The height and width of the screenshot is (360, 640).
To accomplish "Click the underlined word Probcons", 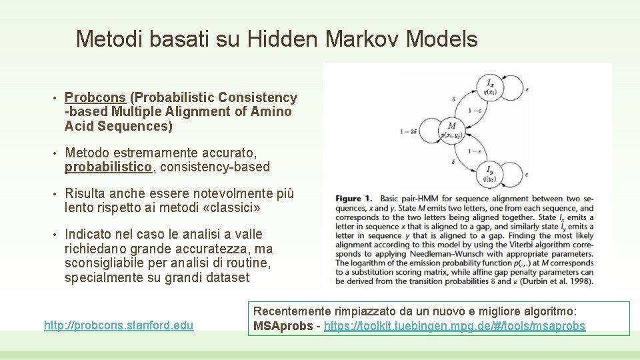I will click(95, 98).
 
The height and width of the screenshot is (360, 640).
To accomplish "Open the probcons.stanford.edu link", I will click(119, 325).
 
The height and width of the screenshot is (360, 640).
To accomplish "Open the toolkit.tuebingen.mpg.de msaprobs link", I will click(453, 327).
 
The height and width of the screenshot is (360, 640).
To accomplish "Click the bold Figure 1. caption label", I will click(353, 199).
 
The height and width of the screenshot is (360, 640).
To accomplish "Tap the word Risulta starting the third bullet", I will click(85, 194).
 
